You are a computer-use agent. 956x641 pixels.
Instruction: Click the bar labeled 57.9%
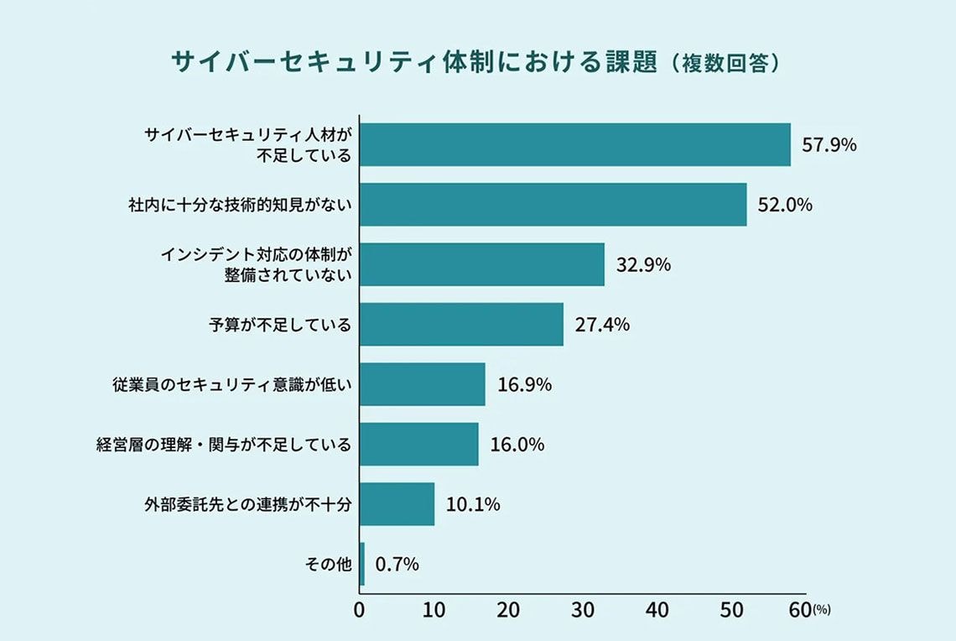[x=575, y=144]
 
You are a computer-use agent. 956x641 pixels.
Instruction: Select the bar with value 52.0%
[x=553, y=205]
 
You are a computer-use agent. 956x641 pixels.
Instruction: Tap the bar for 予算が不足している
[x=461, y=325]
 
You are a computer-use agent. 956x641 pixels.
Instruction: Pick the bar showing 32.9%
[x=482, y=264]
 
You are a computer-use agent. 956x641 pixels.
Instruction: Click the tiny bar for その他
[x=362, y=564]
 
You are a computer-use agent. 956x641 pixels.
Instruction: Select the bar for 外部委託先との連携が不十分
[x=397, y=504]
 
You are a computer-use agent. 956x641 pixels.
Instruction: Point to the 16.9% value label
[x=524, y=385]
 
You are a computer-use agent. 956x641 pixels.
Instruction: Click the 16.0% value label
[x=517, y=445]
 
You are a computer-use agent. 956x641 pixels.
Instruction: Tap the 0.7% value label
[x=397, y=565]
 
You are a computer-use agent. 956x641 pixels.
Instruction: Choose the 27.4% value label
[x=602, y=325]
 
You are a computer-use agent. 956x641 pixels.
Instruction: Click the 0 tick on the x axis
[x=360, y=611]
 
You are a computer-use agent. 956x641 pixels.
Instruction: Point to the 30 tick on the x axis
[x=583, y=611]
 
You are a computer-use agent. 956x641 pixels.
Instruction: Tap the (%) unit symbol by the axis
[x=821, y=611]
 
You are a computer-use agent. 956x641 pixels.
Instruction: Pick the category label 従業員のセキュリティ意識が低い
[x=231, y=385]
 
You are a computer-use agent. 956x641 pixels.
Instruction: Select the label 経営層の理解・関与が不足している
[x=223, y=445]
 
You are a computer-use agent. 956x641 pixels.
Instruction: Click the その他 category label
[x=327, y=565]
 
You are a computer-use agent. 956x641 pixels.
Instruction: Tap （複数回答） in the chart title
[x=726, y=64]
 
